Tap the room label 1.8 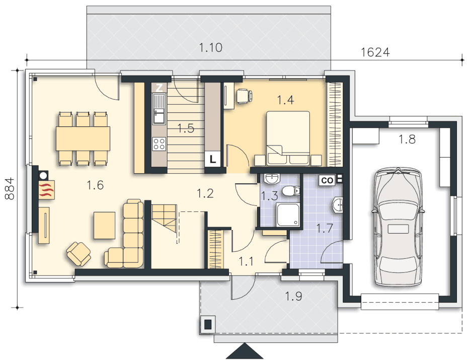(407, 139)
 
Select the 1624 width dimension (375, 52)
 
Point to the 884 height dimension (10, 188)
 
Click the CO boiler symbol (327, 181)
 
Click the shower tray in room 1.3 (288, 215)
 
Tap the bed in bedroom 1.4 (288, 138)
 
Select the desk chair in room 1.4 (244, 96)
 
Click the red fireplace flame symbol (47, 190)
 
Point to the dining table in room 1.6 (83, 138)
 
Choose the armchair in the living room (79, 254)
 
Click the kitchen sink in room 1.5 (159, 109)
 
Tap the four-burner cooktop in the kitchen (159, 143)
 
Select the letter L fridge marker (213, 159)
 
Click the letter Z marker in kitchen (160, 88)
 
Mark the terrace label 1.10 (210, 47)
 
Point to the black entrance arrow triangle (245, 351)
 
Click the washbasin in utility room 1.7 (338, 205)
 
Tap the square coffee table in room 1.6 (105, 226)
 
